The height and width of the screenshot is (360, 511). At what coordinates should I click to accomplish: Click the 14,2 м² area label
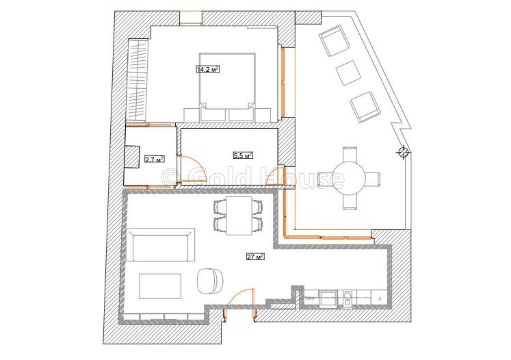pos(207,69)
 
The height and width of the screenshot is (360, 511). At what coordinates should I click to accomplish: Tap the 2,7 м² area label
pos(154,159)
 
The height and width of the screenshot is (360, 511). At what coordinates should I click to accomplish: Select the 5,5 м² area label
pos(243,155)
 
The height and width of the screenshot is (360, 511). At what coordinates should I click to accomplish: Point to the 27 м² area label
pos(255,257)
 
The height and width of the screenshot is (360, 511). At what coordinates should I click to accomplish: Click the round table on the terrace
pos(350,179)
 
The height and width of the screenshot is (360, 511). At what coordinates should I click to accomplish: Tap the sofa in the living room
pos(160,244)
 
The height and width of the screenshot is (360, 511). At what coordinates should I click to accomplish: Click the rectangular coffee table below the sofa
pos(160,286)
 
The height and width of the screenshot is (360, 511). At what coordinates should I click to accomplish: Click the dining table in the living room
pos(238,216)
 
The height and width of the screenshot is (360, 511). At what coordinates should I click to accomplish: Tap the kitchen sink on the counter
pos(328,297)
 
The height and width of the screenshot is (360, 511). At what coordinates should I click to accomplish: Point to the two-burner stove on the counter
pos(348,299)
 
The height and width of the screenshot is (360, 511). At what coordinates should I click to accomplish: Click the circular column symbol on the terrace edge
pos(404,151)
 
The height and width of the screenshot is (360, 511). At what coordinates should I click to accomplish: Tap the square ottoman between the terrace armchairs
pos(348,73)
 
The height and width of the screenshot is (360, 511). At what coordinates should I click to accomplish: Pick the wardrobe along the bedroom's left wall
pos(137,80)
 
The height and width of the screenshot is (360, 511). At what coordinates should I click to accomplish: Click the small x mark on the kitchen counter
pos(380,298)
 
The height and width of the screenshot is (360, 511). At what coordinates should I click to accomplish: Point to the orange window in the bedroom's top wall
pos(191,18)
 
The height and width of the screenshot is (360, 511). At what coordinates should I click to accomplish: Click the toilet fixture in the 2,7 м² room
pos(132,157)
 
